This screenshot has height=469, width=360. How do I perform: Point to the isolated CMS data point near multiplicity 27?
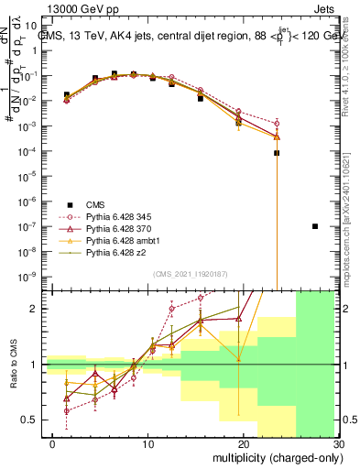pyautogui.click(x=315, y=226)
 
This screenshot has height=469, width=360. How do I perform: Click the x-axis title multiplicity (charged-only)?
pyautogui.click(x=275, y=457)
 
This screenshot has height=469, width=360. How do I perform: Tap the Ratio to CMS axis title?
pyautogui.click(x=12, y=365)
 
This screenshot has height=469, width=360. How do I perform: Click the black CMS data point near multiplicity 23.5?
pyautogui.click(x=277, y=153)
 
